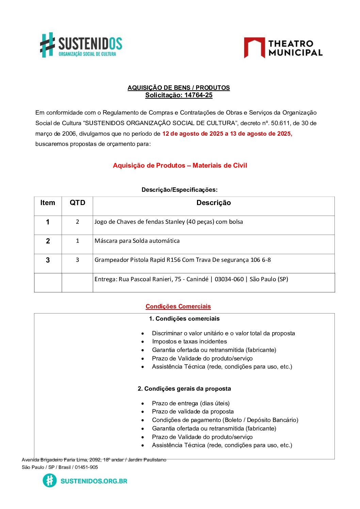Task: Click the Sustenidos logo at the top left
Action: click(x=81, y=45)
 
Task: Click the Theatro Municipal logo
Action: click(x=283, y=48)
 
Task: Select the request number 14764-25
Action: click(x=198, y=95)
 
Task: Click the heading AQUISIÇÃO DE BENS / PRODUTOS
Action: click(x=179, y=88)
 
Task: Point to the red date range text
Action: click(x=227, y=134)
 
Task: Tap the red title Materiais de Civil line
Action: click(x=180, y=166)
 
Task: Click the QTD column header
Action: click(x=77, y=203)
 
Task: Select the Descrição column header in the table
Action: click(x=213, y=203)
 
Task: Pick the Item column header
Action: click(x=48, y=203)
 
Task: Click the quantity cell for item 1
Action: click(x=77, y=222)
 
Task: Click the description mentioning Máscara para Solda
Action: click(x=137, y=241)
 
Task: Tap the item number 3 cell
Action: click(x=48, y=260)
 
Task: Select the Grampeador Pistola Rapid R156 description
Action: click(x=183, y=260)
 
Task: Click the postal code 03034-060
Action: click(x=229, y=279)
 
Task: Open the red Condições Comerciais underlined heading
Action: click(x=178, y=306)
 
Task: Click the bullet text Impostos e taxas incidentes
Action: click(x=189, y=342)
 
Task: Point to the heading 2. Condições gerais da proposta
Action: click(x=184, y=389)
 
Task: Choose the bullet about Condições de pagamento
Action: click(x=225, y=420)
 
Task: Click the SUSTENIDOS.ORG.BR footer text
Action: click(x=94, y=481)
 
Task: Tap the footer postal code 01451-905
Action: click(x=86, y=468)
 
